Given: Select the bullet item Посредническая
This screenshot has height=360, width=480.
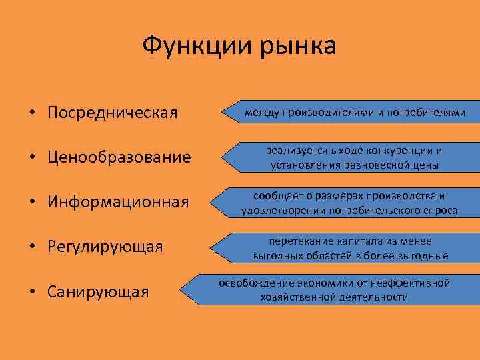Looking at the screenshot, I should [x=112, y=112].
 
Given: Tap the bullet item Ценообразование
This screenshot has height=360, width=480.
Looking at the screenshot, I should [x=119, y=157].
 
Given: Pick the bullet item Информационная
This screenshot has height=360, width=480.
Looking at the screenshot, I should [x=119, y=202].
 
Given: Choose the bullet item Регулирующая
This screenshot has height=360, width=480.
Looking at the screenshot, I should [x=105, y=247].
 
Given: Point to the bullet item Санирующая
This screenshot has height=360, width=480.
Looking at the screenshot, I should [x=97, y=292].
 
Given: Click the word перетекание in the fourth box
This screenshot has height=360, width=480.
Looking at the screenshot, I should [x=299, y=241].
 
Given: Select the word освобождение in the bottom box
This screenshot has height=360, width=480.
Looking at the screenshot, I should [x=253, y=283].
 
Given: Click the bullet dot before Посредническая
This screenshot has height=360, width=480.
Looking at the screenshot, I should [x=33, y=113].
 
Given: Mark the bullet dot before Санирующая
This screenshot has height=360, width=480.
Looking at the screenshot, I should [x=33, y=293].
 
